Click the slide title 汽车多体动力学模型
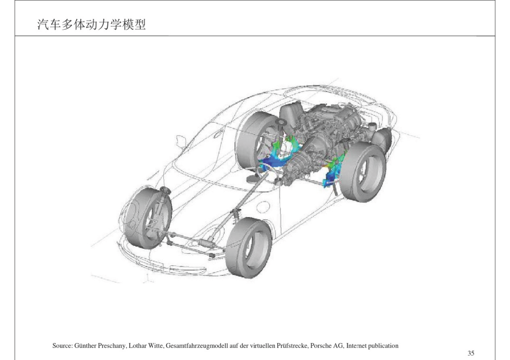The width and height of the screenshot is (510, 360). click(92, 25)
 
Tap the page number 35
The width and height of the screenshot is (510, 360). click(471, 353)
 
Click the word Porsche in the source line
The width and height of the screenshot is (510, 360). click(320, 346)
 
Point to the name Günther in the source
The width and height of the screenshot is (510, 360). click(85, 346)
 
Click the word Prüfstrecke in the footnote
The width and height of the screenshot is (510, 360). click(292, 346)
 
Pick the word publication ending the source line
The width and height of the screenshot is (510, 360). click(383, 346)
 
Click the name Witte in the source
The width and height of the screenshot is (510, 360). click(155, 346)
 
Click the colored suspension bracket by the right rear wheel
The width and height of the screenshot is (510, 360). click(332, 172)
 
